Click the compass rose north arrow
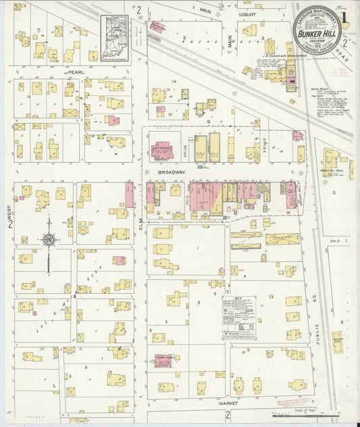[x=49, y=238]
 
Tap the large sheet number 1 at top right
[x=346, y=12]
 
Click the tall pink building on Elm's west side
[x=129, y=195]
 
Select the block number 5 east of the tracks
[x=334, y=193]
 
